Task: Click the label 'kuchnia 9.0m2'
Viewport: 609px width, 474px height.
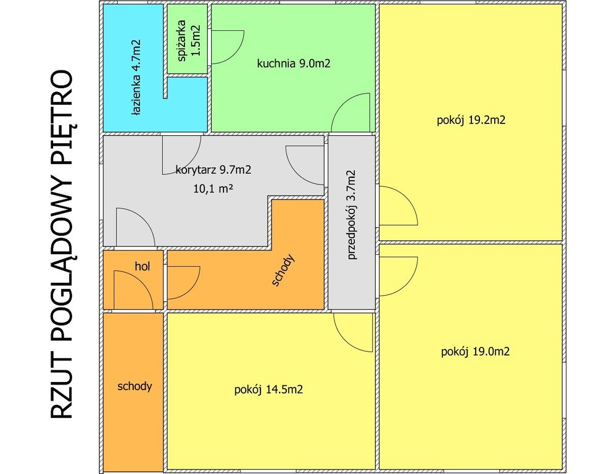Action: coord(294,64)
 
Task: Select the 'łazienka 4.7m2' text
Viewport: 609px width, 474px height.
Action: coord(136,77)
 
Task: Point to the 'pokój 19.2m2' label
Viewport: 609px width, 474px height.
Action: coord(471,120)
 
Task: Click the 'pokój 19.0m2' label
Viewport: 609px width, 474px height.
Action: coord(475,352)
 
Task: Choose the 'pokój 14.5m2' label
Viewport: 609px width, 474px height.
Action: coord(268,389)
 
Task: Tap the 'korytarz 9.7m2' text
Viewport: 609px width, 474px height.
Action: coord(213,170)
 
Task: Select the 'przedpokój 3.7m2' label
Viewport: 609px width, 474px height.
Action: coord(351,215)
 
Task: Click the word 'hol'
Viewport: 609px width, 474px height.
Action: coord(142,266)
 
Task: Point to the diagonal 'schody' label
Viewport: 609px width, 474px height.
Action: coord(284,270)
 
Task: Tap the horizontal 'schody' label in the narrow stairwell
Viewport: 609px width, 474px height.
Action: coord(135,386)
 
